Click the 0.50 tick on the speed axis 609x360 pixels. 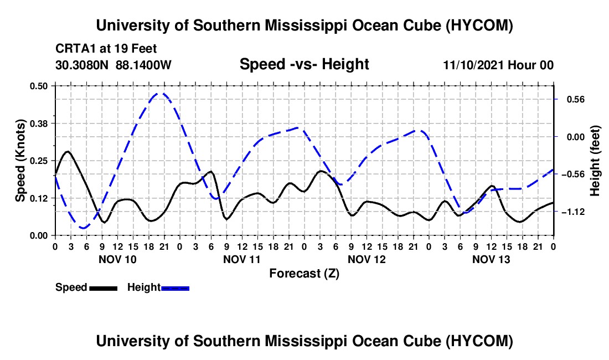coord(38,86)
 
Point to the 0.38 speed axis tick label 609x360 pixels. coord(38,124)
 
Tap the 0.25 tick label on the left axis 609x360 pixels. coord(38,161)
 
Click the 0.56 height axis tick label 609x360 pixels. coord(576,100)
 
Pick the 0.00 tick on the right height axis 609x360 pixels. coord(576,137)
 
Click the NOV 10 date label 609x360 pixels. coord(118,259)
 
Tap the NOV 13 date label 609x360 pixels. coord(491,259)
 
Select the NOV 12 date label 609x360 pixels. coord(367,259)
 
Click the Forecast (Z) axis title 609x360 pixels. coord(304,274)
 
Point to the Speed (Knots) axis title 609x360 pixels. coord(20,161)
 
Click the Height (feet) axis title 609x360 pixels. coord(595,161)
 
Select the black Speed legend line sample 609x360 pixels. coord(104,288)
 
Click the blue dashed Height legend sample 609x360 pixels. coord(175,288)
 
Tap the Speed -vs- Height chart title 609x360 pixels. coord(304,64)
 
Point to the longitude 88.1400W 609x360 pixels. coord(143,65)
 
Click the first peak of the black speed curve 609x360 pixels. coord(68,151)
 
